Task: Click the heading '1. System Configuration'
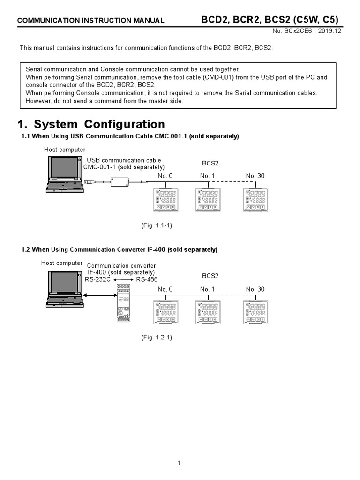(x=91, y=124)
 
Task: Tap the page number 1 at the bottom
(x=179, y=464)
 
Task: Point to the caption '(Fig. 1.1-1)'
(x=157, y=225)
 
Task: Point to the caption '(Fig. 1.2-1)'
(x=157, y=337)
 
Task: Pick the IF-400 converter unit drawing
(x=124, y=302)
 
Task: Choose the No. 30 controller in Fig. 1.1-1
(x=255, y=200)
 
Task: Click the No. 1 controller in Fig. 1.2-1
(x=208, y=313)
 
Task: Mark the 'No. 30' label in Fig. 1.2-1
(x=255, y=289)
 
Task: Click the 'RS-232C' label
(x=97, y=279)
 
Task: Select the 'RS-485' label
(x=147, y=279)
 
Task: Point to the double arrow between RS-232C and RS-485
(x=122, y=280)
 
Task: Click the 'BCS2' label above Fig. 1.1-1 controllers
(x=210, y=164)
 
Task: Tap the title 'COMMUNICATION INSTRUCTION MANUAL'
(x=90, y=20)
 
